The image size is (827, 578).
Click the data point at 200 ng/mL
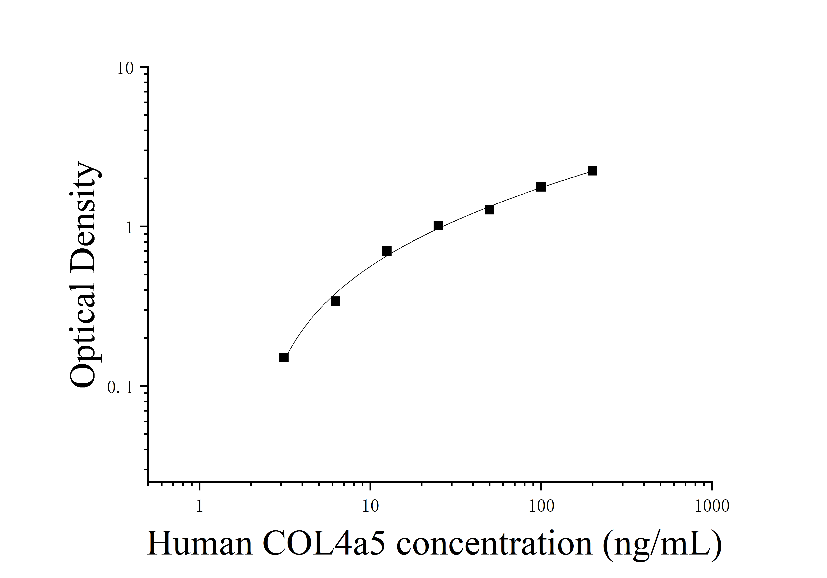(593, 171)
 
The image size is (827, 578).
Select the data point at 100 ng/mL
(541, 187)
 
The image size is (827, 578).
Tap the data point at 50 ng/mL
(489, 210)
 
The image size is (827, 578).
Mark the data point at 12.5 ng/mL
(387, 251)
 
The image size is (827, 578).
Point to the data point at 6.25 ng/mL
(335, 301)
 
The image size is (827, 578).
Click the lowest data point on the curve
(284, 358)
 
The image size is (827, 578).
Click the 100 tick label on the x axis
(541, 506)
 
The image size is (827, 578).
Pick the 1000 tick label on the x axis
(712, 506)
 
